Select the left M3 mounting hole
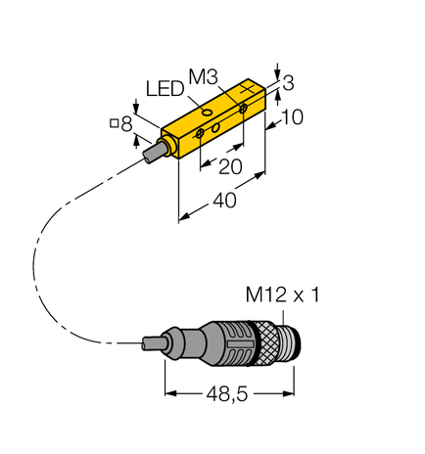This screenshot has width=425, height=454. pos(201,132)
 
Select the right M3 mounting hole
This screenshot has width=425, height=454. pos(243,114)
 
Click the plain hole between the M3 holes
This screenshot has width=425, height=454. pos(221,124)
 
